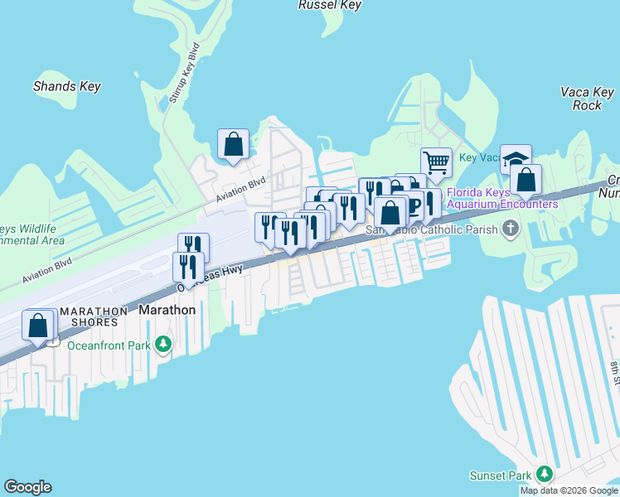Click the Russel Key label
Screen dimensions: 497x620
(329, 5)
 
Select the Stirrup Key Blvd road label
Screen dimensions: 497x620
(184, 72)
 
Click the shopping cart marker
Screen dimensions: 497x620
(435, 162)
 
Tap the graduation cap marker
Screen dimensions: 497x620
(516, 158)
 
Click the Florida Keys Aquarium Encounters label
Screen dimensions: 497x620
(502, 198)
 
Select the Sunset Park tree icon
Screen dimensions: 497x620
(545, 474)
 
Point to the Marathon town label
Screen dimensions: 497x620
(167, 310)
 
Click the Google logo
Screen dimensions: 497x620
(27, 487)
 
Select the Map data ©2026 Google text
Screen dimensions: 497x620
(569, 490)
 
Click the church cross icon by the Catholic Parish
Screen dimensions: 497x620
(511, 228)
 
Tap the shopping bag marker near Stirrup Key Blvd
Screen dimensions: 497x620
(233, 143)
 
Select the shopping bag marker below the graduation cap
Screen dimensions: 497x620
(526, 178)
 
